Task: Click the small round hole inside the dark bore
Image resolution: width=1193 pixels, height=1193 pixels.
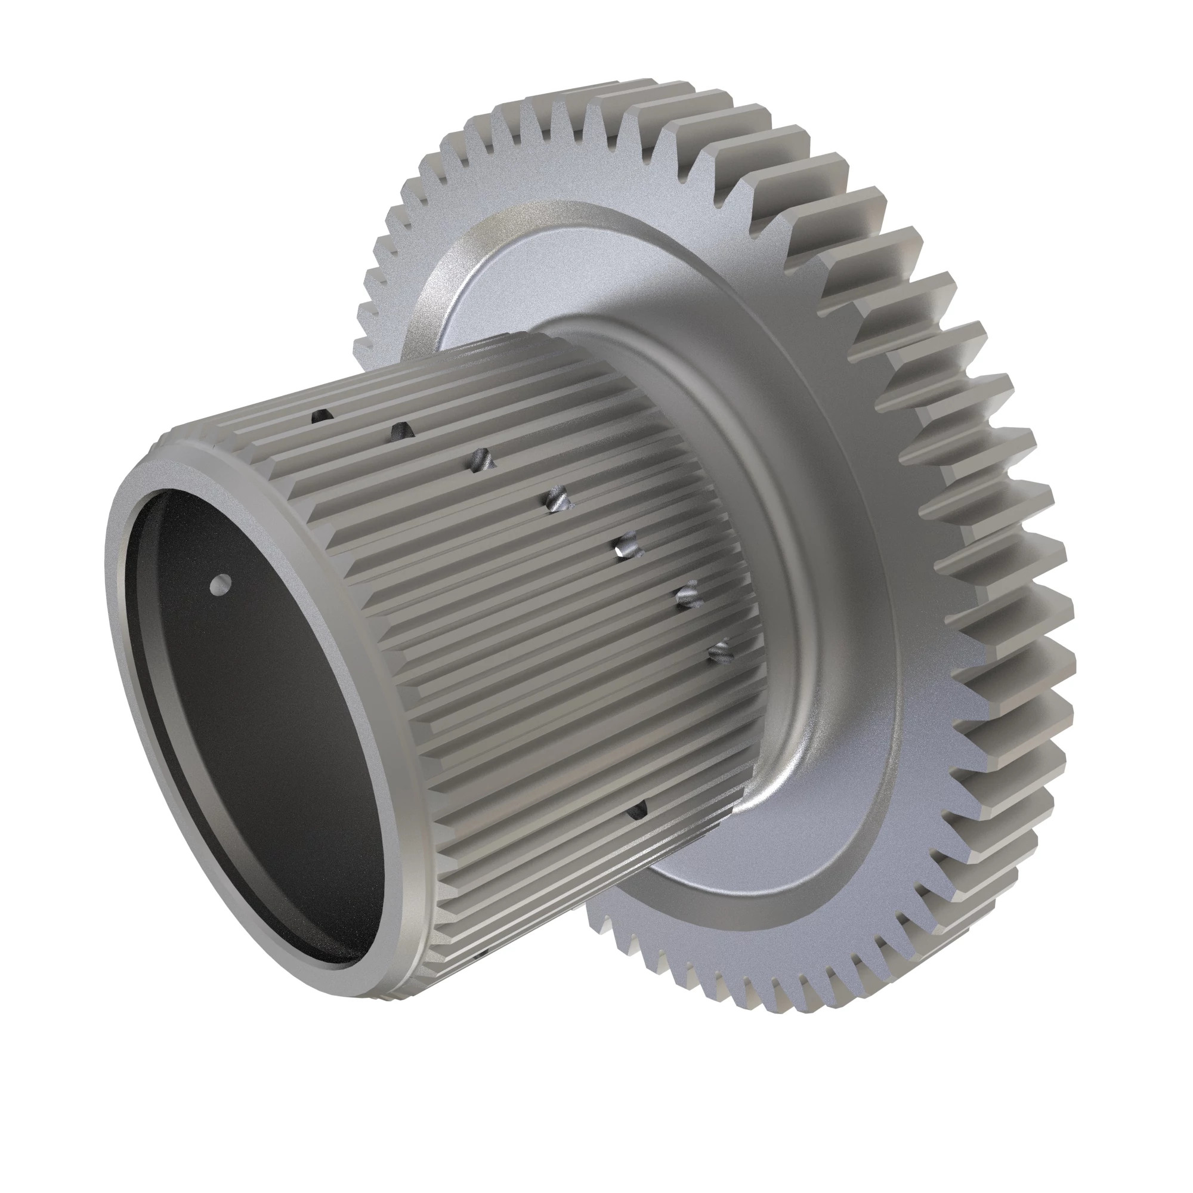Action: point(220,582)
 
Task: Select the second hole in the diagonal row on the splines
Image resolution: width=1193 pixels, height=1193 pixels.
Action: point(400,431)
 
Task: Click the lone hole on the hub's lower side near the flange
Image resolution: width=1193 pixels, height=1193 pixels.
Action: point(636,810)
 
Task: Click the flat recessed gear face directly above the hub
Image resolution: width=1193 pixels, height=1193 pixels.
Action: point(556,271)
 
